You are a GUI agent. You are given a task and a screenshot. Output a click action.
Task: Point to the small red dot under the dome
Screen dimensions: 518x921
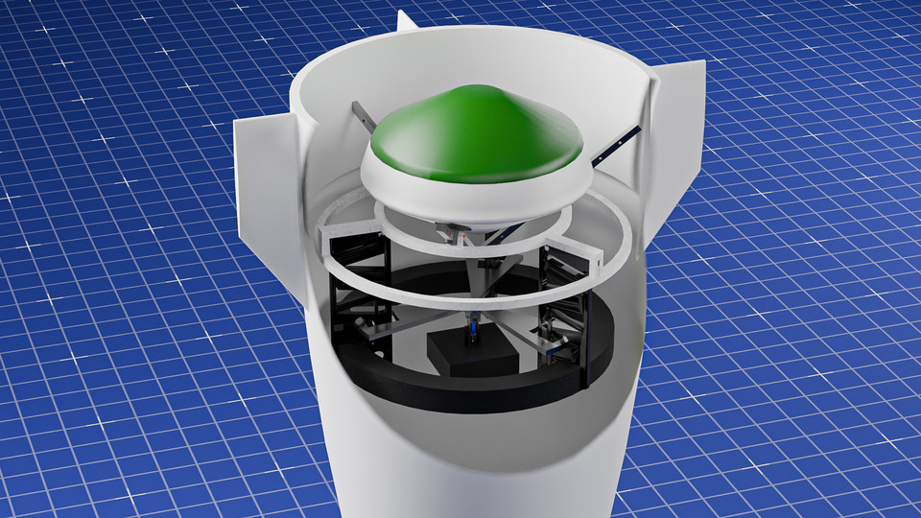pos(465,234)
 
